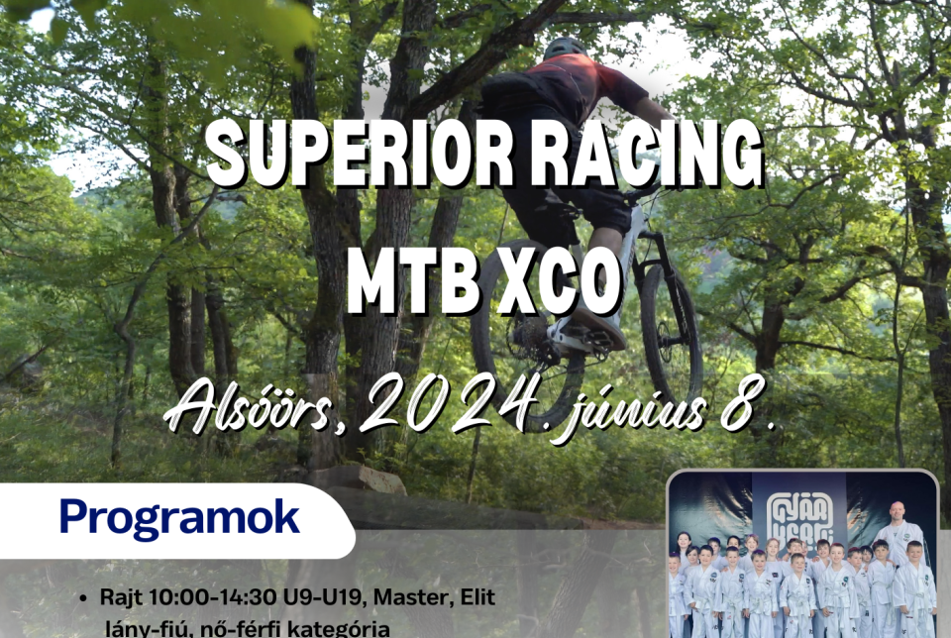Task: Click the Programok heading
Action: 178,517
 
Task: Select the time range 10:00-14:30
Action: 197,597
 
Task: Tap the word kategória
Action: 337,626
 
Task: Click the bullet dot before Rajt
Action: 91,598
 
